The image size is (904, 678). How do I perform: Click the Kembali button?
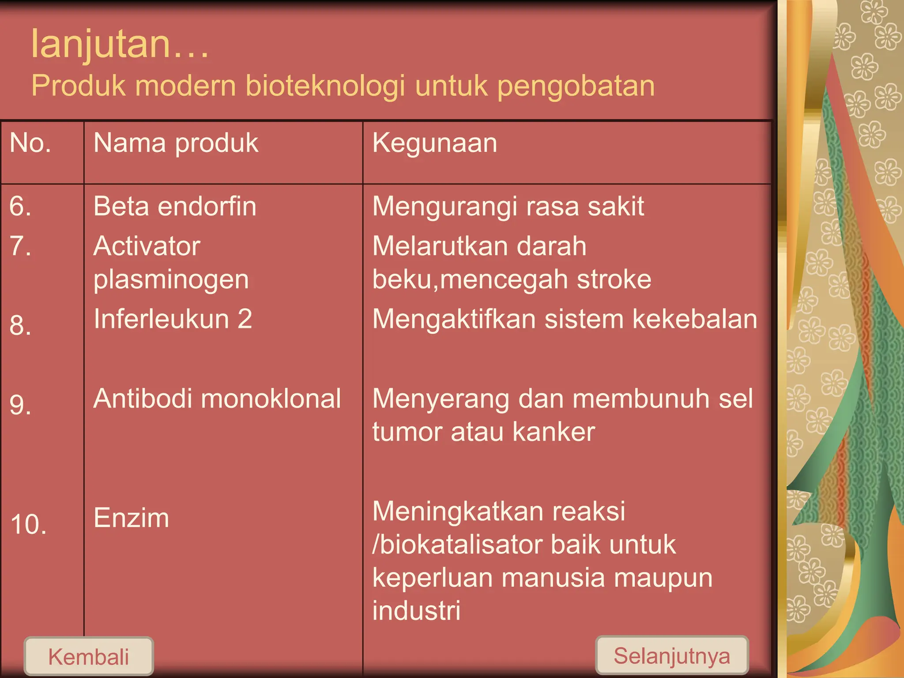pos(89,656)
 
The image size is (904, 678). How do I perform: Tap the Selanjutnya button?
pos(671,655)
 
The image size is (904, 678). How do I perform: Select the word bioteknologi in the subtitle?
pos(325,86)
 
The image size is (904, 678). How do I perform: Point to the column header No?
pos(30,143)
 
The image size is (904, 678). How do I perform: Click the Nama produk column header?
pos(176,143)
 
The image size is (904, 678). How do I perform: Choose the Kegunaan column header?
pos(435,143)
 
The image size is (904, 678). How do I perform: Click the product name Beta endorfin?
pos(175,206)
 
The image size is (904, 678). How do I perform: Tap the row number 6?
pos(20,206)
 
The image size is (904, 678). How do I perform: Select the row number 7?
pos(20,246)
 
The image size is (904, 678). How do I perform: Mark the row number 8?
pos(20,325)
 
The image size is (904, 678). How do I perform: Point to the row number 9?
pos(20,404)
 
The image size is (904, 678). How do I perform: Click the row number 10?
pos(28,524)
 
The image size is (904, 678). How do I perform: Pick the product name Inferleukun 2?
pos(173,319)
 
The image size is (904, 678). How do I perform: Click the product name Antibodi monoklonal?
pos(217,398)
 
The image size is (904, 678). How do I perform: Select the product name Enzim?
pos(131,518)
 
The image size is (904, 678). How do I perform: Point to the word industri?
pos(416,610)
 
